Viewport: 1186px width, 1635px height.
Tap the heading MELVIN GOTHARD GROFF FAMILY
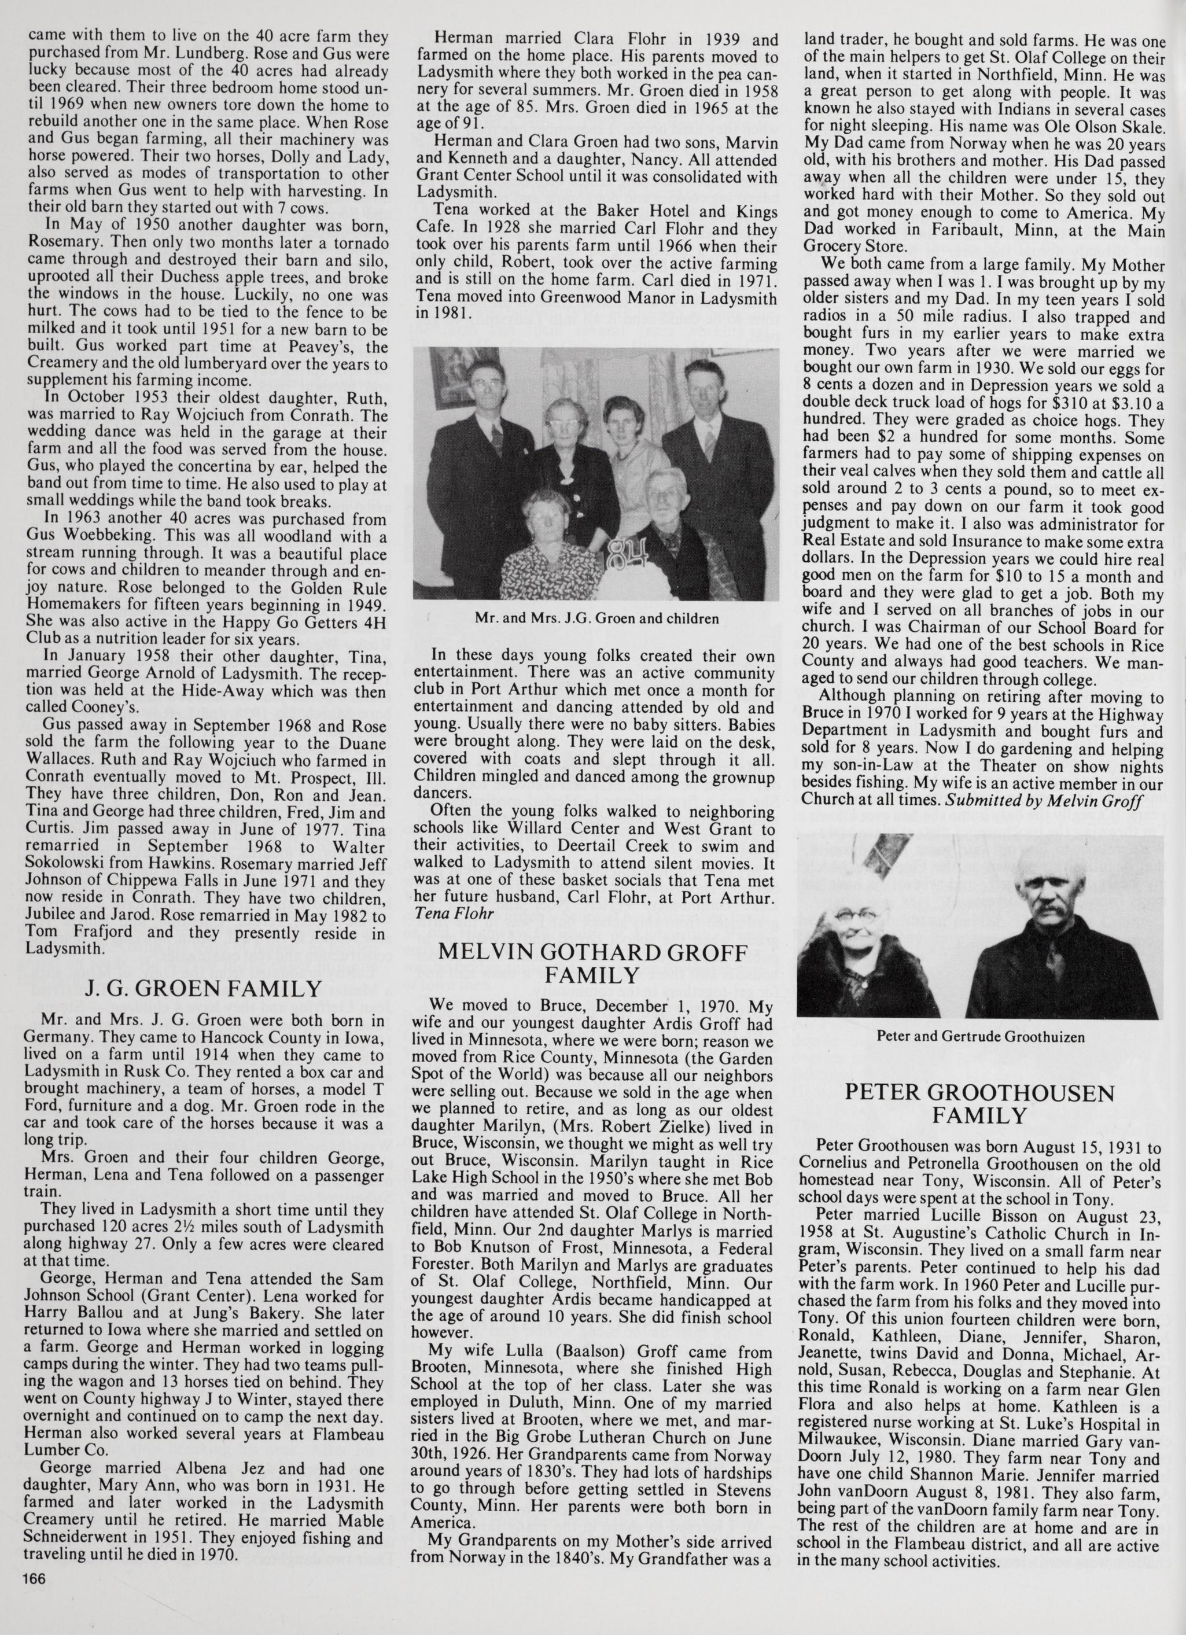point(592,964)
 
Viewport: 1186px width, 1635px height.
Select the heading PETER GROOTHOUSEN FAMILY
point(979,1104)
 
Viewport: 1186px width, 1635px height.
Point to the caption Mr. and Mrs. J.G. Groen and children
point(597,618)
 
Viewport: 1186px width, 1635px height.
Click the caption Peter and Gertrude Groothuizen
point(981,1036)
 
